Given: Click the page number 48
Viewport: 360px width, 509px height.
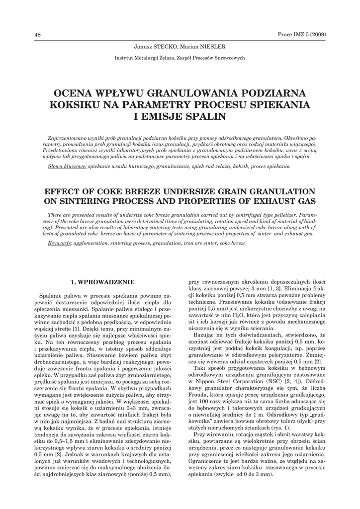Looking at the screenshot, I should click(37, 34).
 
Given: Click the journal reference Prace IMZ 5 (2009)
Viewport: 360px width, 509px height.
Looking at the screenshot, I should click(303, 34).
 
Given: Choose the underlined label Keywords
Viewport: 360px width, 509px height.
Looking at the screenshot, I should click(59, 244).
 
